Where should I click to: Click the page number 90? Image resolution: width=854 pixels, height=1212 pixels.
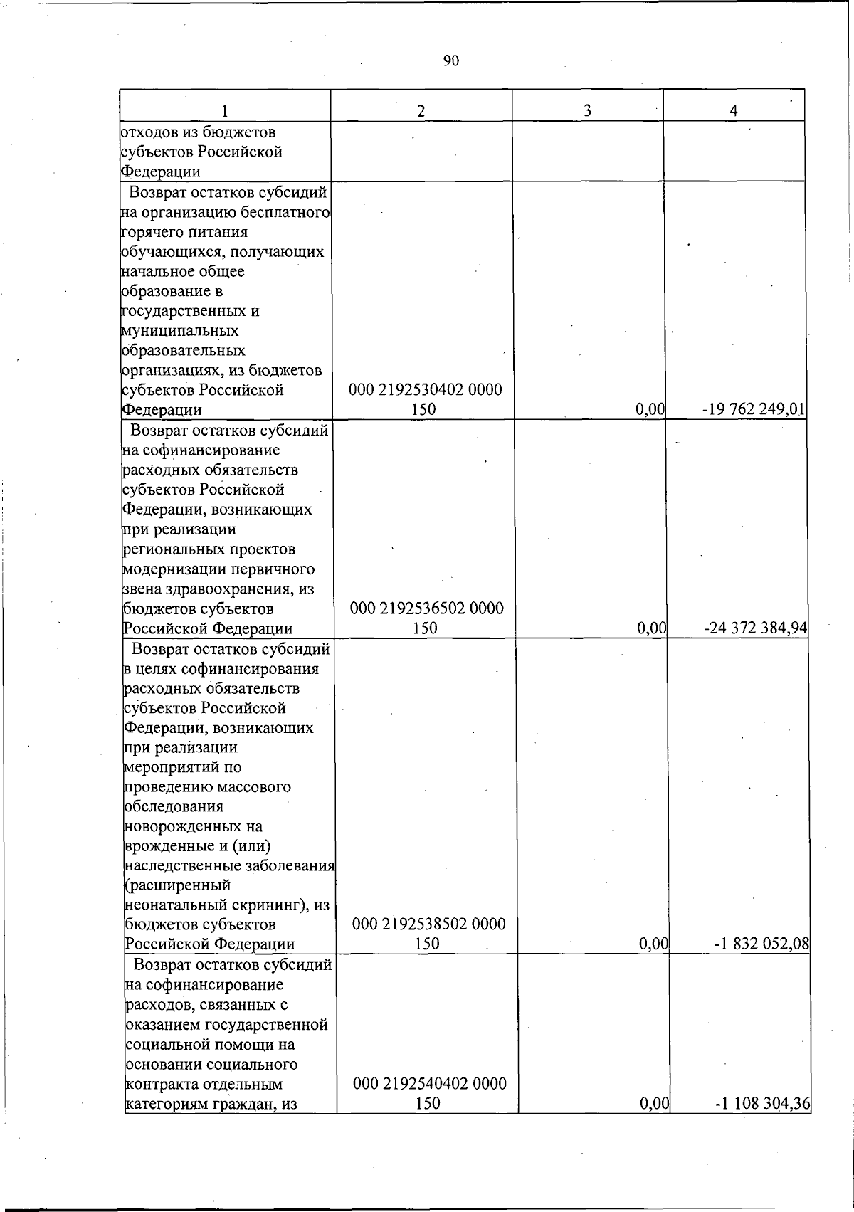450,61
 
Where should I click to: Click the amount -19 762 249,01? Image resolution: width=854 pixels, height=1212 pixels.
754,409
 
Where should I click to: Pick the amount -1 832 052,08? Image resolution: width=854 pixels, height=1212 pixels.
762,944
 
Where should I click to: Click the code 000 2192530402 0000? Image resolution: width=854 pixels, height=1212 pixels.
425,390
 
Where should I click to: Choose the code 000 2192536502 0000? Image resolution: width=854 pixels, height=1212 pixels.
427,608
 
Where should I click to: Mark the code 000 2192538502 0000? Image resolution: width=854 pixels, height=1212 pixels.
428,924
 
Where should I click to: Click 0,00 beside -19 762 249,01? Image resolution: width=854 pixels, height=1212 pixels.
649,409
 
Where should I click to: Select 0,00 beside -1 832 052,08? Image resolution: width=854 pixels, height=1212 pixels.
653,944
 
